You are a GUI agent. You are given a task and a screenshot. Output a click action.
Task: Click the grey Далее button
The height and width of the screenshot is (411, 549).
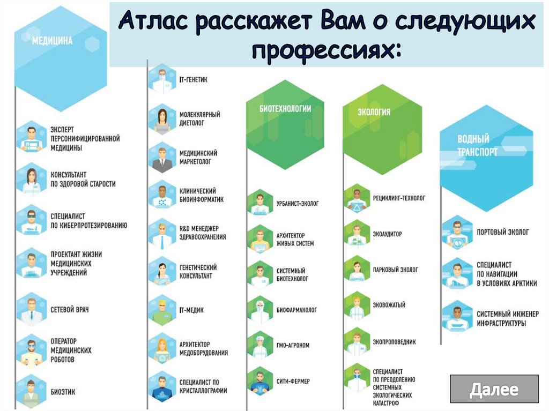[x=494, y=389]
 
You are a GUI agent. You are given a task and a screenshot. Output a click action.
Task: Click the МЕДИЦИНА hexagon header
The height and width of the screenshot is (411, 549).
[x=61, y=58]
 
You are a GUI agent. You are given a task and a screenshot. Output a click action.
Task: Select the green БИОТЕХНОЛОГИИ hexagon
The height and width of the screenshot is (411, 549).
[x=285, y=125]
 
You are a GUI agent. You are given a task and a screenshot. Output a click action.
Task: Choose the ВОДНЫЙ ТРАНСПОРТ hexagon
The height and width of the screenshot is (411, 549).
[x=486, y=158]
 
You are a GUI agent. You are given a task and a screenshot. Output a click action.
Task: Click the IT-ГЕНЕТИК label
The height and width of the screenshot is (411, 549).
[x=193, y=80]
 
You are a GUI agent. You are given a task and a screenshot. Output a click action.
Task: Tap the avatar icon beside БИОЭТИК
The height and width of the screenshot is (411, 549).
[x=31, y=392]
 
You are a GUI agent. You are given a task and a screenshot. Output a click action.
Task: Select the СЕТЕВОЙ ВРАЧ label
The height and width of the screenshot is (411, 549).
[x=70, y=310]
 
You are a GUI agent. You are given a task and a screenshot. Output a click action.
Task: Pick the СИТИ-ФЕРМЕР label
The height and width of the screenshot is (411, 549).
[x=293, y=381]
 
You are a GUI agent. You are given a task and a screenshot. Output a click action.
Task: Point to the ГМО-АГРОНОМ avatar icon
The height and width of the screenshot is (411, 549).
[x=260, y=346]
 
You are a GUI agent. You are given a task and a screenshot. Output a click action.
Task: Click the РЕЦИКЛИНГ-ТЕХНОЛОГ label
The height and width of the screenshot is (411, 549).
[x=399, y=198]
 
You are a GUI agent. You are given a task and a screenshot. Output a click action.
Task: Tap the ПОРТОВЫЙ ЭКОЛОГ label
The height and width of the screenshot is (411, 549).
[x=503, y=232]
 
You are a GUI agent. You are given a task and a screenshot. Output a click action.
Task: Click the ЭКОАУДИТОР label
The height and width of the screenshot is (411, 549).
[x=387, y=234]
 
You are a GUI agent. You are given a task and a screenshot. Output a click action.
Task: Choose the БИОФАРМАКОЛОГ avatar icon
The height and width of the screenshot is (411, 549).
[x=260, y=310]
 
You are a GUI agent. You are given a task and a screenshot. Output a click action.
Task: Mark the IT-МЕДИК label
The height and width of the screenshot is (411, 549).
[x=191, y=310]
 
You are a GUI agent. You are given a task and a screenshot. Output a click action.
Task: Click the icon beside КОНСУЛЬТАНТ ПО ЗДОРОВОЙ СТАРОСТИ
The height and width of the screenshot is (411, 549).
[x=31, y=179]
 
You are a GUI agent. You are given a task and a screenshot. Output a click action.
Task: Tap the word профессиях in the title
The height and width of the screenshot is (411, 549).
[x=327, y=51]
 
